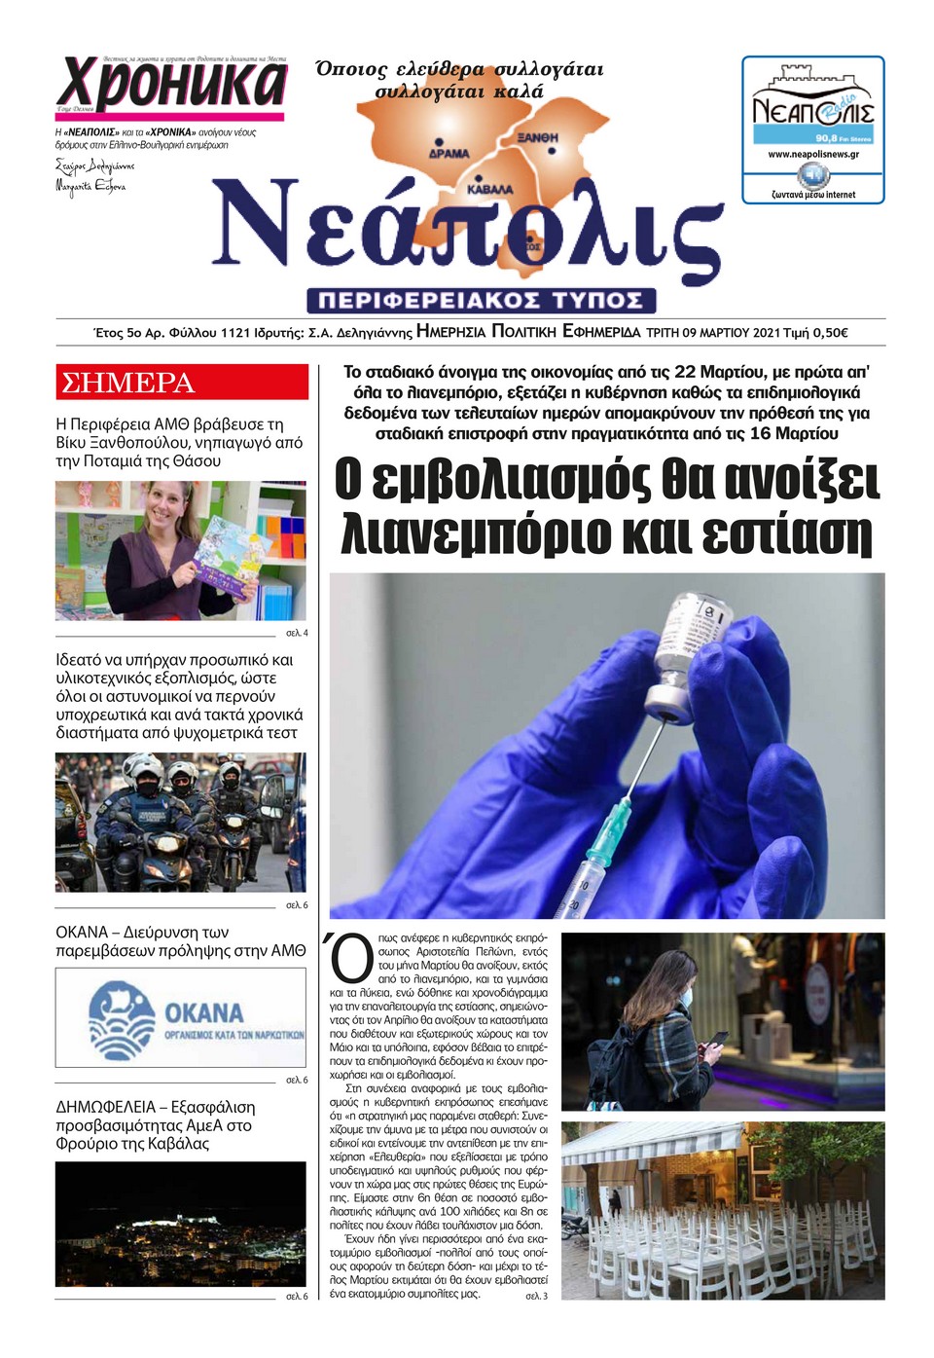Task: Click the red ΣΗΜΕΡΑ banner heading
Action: tap(127, 383)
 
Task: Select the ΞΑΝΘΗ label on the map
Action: tap(537, 138)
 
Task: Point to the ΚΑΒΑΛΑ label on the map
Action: tap(489, 189)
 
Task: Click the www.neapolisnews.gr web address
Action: tap(812, 154)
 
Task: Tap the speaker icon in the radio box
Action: tap(812, 176)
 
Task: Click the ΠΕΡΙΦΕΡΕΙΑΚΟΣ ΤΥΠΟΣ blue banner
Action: tap(481, 300)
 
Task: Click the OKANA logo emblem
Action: tap(122, 1019)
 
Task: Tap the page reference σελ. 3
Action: tap(536, 1296)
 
